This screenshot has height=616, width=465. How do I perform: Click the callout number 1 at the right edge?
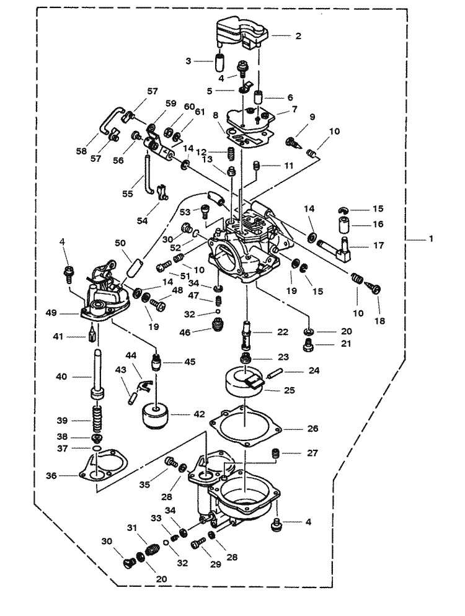point(432,238)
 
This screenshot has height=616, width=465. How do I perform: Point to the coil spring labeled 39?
point(96,417)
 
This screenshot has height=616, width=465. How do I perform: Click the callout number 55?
point(127,194)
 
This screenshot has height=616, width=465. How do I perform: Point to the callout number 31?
point(131,528)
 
